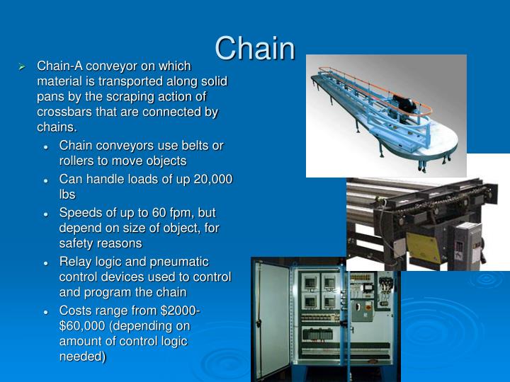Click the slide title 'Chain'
click(x=255, y=48)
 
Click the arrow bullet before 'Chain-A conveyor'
click(x=22, y=66)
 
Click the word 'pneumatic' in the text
click(x=183, y=262)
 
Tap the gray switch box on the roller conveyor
click(x=468, y=243)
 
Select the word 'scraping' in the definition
click(x=146, y=97)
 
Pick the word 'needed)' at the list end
click(x=82, y=357)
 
